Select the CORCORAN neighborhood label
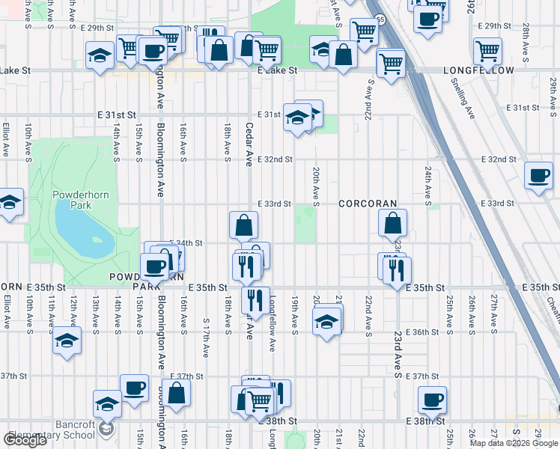pyautogui.click(x=367, y=204)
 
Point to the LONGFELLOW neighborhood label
pyautogui.click(x=479, y=70)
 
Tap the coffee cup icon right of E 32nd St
pyautogui.click(x=538, y=176)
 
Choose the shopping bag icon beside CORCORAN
pyautogui.click(x=392, y=222)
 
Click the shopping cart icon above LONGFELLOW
pyautogui.click(x=487, y=51)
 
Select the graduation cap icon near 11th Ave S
pyautogui.click(x=67, y=340)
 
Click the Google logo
pyautogui.click(x=25, y=440)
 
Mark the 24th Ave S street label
pyautogui.click(x=428, y=186)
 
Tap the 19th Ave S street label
pyautogui.click(x=295, y=315)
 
